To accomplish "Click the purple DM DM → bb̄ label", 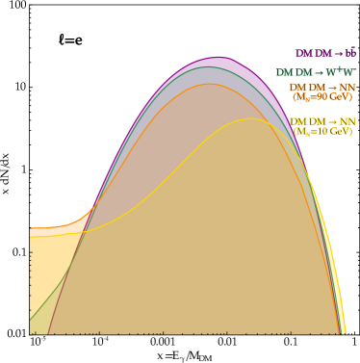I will point(324,53).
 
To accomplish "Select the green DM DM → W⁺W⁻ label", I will point(315,72).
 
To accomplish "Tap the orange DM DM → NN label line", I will point(321,88).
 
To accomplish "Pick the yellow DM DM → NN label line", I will point(321,122).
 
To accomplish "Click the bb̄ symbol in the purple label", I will point(350,52).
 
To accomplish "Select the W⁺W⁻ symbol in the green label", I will point(342,72).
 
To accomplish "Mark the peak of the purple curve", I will point(218,58).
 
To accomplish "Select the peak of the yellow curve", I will point(251,119).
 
